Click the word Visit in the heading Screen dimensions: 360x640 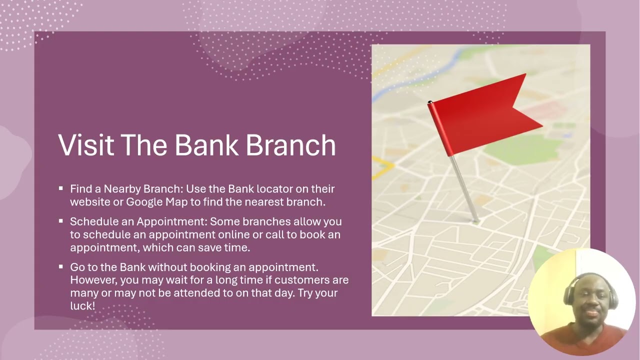click(x=86, y=145)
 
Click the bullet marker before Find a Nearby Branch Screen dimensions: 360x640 click(x=60, y=188)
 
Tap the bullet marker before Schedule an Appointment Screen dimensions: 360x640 click(x=60, y=220)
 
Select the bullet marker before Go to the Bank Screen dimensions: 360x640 click(x=60, y=267)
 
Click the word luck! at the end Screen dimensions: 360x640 click(x=82, y=305)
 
